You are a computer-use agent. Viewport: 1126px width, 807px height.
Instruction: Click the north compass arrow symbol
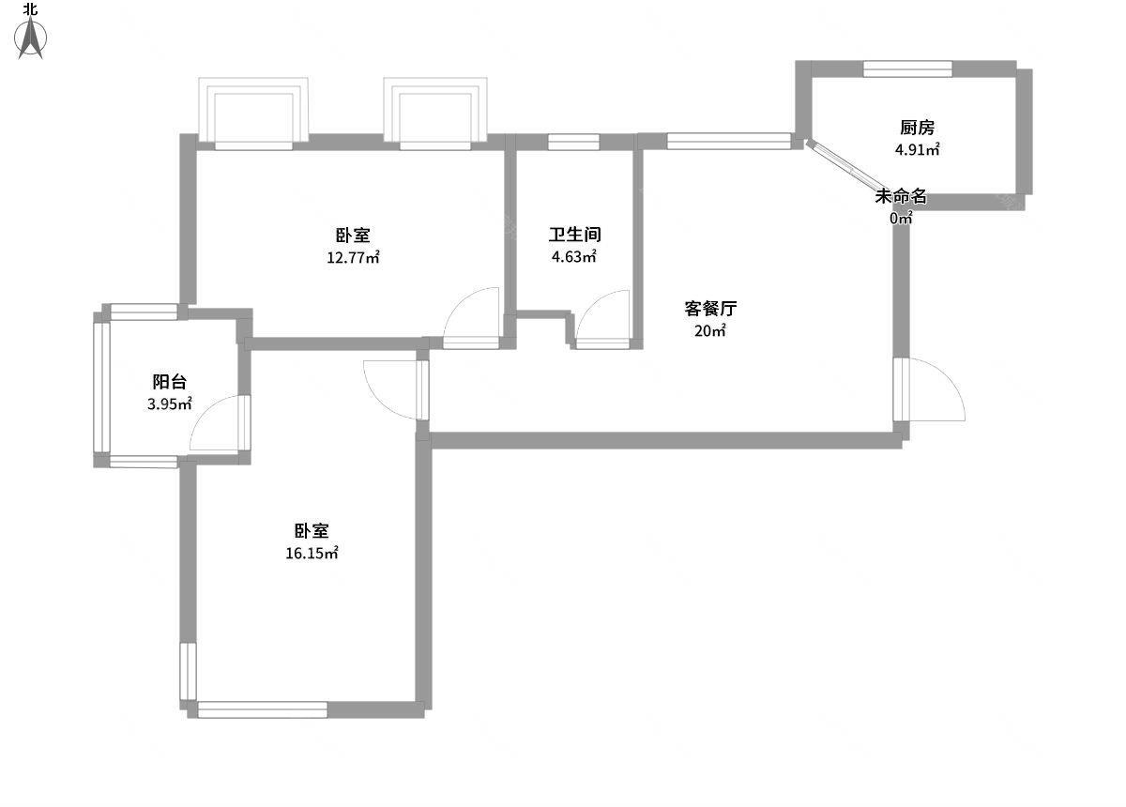pos(31,38)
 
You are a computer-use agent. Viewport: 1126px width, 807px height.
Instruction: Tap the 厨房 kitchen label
pos(917,128)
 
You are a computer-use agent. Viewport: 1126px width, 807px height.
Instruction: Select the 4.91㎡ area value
pos(917,150)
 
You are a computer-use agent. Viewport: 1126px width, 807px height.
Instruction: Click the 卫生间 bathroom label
pos(574,235)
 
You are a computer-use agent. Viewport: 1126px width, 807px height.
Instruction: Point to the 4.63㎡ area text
pos(574,256)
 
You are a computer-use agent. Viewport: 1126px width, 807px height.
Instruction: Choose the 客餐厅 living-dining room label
pos(710,308)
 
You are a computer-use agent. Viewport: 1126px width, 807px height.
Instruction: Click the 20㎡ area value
pos(710,330)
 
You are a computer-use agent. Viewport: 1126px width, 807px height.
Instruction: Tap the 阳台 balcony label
pos(170,382)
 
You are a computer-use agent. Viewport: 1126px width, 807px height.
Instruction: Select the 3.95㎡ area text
pos(170,403)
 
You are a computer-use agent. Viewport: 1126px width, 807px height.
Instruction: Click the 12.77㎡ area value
pos(353,257)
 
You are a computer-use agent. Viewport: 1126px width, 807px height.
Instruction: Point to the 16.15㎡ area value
pos(312,553)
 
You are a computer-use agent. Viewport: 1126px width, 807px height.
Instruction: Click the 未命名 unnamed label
pos(901,196)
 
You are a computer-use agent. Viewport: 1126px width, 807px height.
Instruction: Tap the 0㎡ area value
pos(901,219)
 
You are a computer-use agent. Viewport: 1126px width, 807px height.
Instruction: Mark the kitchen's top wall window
pos(907,69)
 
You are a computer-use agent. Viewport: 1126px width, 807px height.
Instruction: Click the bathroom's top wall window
pos(573,143)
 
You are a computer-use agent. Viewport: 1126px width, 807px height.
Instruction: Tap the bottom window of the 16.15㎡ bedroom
pos(263,710)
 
